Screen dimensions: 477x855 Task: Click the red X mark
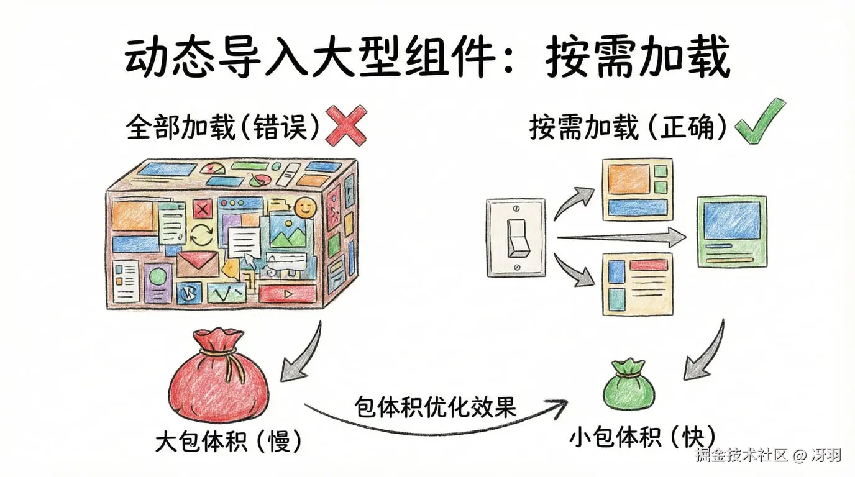point(346,126)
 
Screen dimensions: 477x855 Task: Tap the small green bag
point(629,385)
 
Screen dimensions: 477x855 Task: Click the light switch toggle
point(517,237)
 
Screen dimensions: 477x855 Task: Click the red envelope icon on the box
point(198,263)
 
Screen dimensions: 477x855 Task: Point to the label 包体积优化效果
point(436,407)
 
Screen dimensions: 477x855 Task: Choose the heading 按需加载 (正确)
point(628,127)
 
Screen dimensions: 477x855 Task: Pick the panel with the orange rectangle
point(638,189)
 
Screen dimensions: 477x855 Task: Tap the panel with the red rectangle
point(638,283)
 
